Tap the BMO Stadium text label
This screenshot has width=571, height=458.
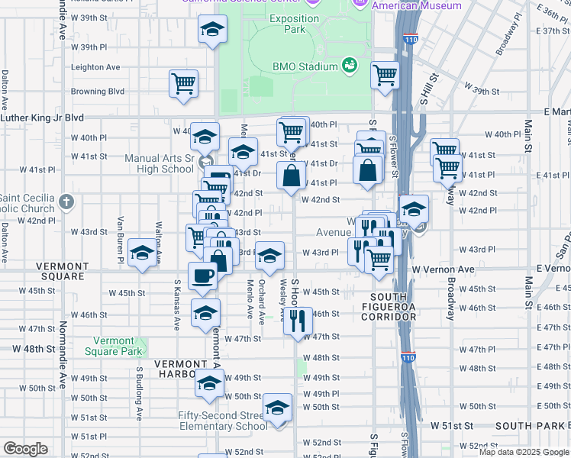point(305,66)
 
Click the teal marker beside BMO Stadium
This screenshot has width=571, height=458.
point(350,66)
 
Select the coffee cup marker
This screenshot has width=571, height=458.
point(202,276)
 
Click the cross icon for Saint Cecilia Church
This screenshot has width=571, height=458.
point(66,202)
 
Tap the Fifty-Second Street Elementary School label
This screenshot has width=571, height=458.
point(223,421)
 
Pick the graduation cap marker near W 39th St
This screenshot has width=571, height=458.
point(212,31)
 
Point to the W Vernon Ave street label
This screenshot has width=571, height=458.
point(444,270)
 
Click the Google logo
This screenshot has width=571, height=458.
point(25,449)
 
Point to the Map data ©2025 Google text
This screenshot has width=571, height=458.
point(524,452)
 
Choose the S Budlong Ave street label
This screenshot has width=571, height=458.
point(140,393)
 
